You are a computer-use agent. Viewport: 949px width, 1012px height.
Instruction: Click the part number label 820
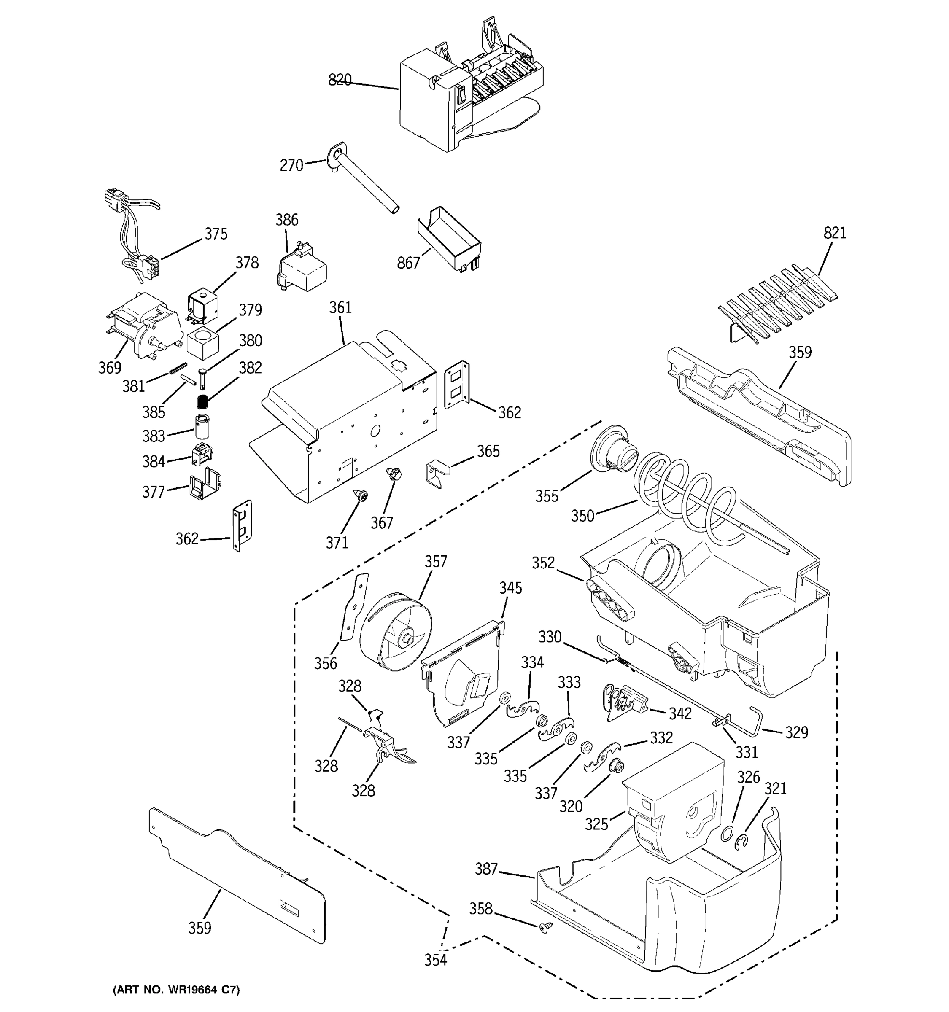point(340,80)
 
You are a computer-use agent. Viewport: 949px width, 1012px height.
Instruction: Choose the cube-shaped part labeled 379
point(202,343)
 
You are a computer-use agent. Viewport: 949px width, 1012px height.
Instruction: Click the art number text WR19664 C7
point(175,990)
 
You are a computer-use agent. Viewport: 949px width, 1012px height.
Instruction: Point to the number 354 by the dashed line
point(436,960)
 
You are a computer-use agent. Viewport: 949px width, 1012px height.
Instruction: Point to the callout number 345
point(510,588)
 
